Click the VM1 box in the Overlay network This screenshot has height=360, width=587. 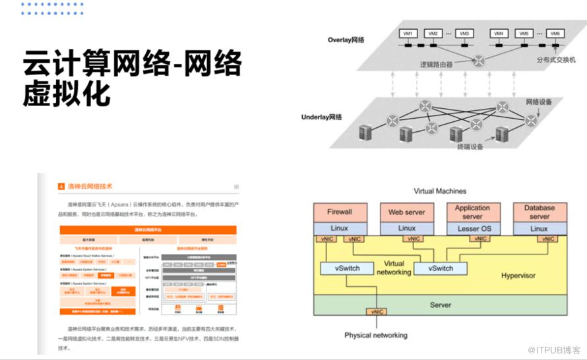(408, 34)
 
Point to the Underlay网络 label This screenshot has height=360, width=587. (322, 117)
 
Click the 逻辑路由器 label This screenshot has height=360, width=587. (437, 65)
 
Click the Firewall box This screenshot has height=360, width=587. (339, 212)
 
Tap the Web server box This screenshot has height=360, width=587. (407, 212)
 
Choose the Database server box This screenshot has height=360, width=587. (540, 212)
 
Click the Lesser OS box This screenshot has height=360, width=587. (473, 228)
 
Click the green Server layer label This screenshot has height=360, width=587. (440, 305)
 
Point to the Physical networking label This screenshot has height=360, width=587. (376, 335)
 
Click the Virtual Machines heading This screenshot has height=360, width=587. (440, 191)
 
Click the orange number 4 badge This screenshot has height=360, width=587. (61, 187)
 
